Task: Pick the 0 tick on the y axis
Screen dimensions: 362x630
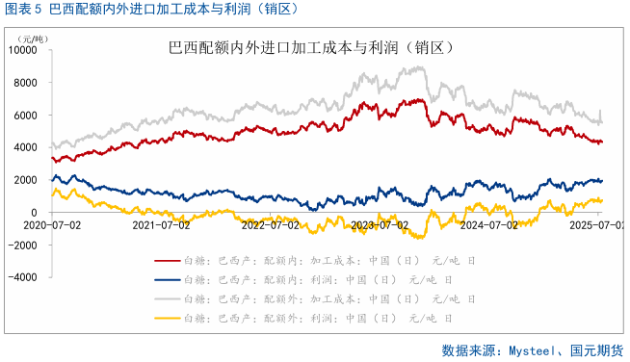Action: click(35, 212)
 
